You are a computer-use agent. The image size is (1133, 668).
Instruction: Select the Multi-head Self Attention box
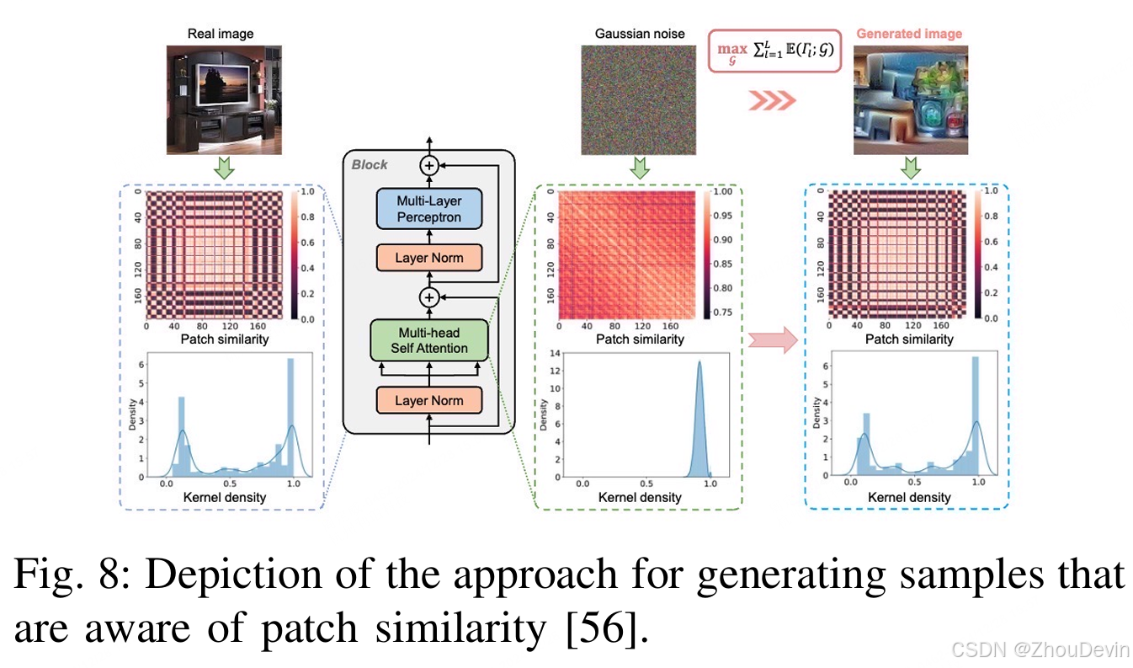pyautogui.click(x=428, y=340)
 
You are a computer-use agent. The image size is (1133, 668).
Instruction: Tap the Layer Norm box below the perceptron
pyautogui.click(x=428, y=258)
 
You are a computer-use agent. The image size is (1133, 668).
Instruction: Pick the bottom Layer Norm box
pyautogui.click(x=428, y=400)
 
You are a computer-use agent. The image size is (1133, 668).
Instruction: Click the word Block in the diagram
pyautogui.click(x=370, y=164)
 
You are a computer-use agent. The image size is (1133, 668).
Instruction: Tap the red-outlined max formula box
pyautogui.click(x=774, y=50)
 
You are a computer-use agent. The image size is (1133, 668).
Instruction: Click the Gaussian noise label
pyautogui.click(x=640, y=34)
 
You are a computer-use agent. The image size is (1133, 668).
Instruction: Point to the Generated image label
pyautogui.click(x=908, y=34)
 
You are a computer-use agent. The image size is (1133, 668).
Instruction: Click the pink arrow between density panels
pyautogui.click(x=772, y=340)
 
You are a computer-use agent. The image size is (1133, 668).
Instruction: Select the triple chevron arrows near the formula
pyautogui.click(x=771, y=101)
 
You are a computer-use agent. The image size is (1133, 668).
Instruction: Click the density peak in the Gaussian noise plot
pyautogui.click(x=699, y=364)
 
